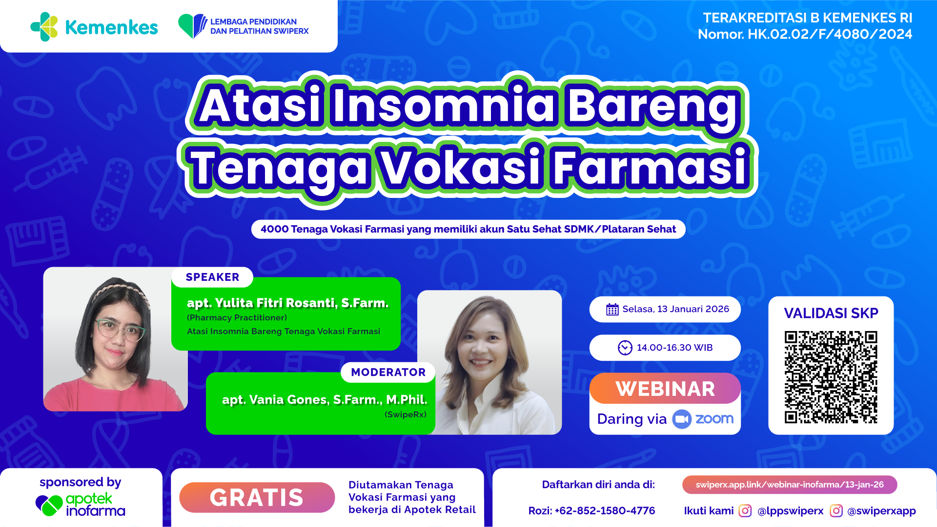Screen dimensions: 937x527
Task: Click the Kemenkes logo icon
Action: pyautogui.click(x=44, y=27)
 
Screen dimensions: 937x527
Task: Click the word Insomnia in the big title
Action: pyautogui.click(x=443, y=105)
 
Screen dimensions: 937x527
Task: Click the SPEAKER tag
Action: pyautogui.click(x=212, y=277)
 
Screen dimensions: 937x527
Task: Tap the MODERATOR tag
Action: pyautogui.click(x=388, y=372)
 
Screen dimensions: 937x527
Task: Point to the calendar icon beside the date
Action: pyautogui.click(x=612, y=309)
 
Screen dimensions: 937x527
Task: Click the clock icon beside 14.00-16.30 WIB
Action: pyautogui.click(x=625, y=348)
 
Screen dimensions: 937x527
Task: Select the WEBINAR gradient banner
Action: pyautogui.click(x=665, y=389)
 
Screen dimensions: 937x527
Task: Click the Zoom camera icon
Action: pyautogui.click(x=682, y=419)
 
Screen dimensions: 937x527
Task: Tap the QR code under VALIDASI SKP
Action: pyautogui.click(x=831, y=377)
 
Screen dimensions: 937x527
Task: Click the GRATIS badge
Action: pyautogui.click(x=257, y=497)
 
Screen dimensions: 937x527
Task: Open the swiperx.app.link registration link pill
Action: pyautogui.click(x=790, y=485)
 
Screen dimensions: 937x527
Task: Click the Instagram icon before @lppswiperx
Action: pyautogui.click(x=745, y=510)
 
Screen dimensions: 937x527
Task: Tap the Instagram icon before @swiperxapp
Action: pyautogui.click(x=836, y=510)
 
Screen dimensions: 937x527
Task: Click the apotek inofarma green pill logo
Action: pyautogui.click(x=49, y=505)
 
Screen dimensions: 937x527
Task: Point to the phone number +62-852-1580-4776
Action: pyautogui.click(x=605, y=510)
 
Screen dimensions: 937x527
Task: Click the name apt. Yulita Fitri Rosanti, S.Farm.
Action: pyautogui.click(x=287, y=303)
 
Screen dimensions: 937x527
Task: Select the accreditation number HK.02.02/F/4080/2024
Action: pyautogui.click(x=830, y=34)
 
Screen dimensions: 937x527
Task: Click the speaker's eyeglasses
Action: pyautogui.click(x=120, y=330)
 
